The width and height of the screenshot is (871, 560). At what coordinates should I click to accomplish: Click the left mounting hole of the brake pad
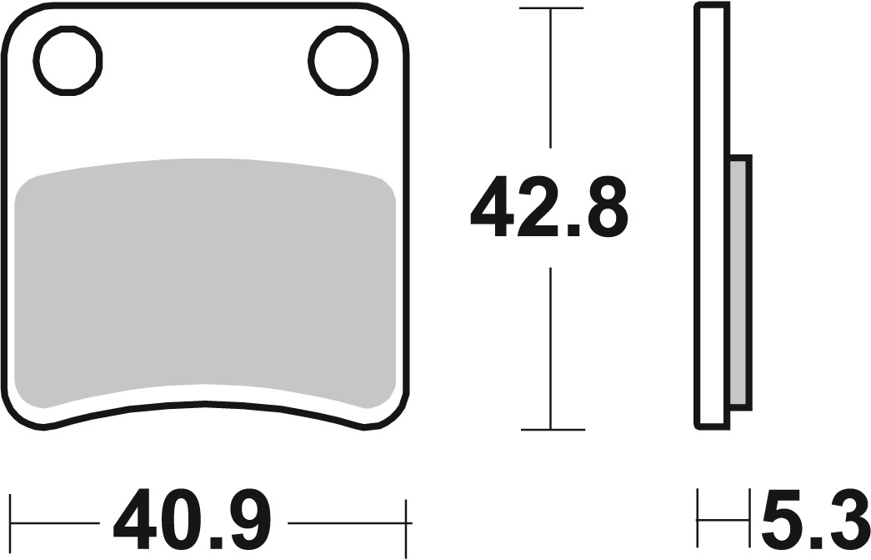[68, 59]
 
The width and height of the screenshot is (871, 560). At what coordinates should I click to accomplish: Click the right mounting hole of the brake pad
[342, 59]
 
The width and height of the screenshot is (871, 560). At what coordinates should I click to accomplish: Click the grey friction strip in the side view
[739, 281]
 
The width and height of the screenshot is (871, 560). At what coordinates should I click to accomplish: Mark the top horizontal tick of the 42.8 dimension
[550, 8]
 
